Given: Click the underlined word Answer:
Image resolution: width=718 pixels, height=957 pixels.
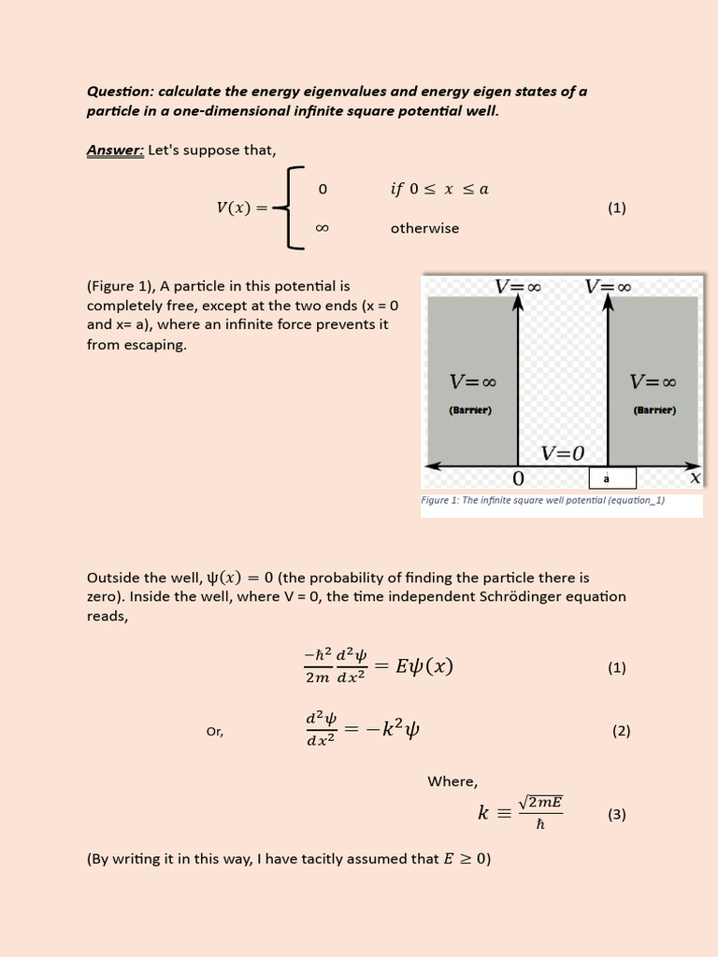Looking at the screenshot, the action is point(115,150).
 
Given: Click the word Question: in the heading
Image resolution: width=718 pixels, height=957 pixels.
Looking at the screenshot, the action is point(120,92).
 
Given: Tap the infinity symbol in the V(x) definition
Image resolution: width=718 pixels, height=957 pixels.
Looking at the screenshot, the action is point(323,228).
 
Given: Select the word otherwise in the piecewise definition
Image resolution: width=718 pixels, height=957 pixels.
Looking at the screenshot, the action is point(424,228).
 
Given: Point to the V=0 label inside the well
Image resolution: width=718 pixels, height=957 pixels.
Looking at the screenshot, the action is point(563,453).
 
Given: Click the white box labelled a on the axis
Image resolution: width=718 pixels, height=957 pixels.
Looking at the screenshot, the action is point(611,478).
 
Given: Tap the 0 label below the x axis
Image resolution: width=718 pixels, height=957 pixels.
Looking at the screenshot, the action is point(518,479).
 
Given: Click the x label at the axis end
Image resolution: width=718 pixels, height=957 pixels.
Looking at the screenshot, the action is point(695,478).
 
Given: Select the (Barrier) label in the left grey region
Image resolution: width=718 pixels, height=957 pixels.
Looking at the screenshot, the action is point(470,409).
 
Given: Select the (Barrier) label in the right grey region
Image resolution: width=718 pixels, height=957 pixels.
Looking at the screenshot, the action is point(654,409).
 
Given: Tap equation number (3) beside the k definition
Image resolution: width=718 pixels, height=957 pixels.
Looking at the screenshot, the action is point(616,814).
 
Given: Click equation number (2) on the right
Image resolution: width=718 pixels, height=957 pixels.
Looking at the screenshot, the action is point(622,731).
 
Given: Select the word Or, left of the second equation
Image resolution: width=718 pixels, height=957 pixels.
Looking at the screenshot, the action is point(215,732).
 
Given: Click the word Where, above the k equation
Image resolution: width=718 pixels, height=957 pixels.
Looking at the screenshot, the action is point(452,781).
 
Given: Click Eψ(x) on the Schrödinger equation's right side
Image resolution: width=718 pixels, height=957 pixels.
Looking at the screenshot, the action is point(424,666).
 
